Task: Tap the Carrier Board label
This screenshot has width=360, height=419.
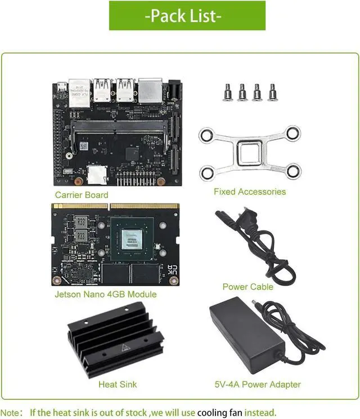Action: pos(82,195)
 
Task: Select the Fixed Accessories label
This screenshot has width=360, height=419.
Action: pos(250,192)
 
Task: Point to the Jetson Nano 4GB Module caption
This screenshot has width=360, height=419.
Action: pos(106,294)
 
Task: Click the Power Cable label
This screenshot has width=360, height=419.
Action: pos(248,287)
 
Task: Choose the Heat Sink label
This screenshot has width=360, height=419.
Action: pos(118,385)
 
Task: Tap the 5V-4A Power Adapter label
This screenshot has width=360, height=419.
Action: pos(258,385)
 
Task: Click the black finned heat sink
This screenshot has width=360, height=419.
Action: pos(116,341)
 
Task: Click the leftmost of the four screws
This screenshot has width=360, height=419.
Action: pos(228,92)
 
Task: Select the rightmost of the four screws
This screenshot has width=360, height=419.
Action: pos(273,92)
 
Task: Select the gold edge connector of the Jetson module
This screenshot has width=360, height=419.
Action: pos(115,207)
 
